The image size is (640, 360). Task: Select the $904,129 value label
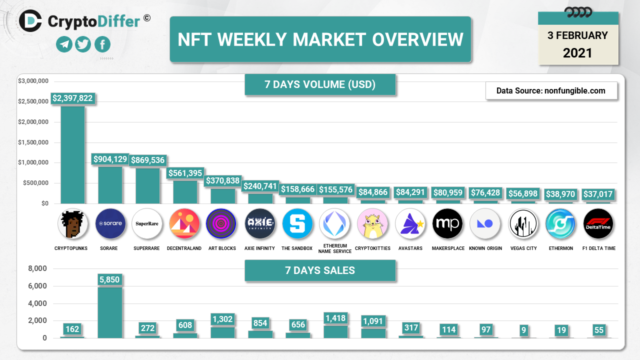(110, 159)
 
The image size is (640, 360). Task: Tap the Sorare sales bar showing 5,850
(110, 312)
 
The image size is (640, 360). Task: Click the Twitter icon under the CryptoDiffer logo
(83, 44)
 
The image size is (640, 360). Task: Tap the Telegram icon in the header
(64, 44)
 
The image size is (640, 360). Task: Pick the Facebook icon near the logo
(102, 44)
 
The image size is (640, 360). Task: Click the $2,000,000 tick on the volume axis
(33, 122)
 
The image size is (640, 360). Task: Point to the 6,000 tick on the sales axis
(37, 286)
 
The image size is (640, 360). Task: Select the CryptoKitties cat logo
(373, 223)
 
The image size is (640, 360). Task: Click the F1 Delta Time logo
(598, 223)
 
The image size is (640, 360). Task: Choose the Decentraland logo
(185, 223)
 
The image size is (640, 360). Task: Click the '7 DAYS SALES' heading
(320, 270)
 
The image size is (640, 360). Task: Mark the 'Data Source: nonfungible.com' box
(551, 90)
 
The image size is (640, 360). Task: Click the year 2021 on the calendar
(577, 53)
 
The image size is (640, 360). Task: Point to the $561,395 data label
(185, 173)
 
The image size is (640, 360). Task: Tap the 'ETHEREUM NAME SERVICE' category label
(335, 248)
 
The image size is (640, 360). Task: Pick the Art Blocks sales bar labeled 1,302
(222, 332)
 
